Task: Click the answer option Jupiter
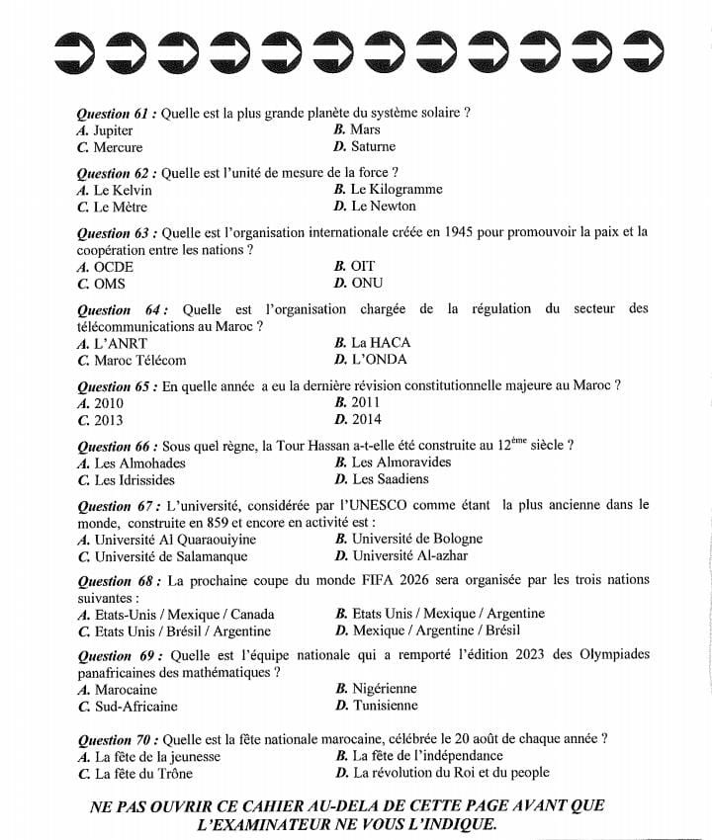pos(113,130)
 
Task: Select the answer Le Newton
pos(383,207)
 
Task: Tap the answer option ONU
pos(368,284)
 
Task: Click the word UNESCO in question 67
pos(403,505)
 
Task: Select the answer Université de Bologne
pos(416,540)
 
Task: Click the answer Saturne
pos(373,147)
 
